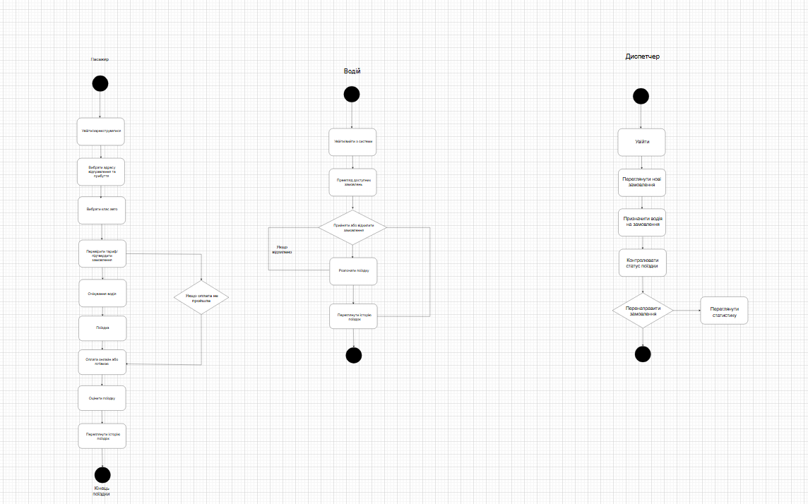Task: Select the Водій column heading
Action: (352, 71)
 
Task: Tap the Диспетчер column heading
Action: (642, 56)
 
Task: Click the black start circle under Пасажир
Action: (100, 83)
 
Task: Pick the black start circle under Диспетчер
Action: (641, 96)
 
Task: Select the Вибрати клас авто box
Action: (101, 210)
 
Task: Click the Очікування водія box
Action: (102, 293)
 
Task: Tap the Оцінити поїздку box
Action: (102, 398)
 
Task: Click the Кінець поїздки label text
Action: (102, 491)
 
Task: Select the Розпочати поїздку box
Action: (353, 270)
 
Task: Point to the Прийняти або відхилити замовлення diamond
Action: (353, 228)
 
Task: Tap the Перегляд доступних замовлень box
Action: (353, 182)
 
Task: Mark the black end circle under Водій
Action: (353, 355)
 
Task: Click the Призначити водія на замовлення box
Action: (642, 222)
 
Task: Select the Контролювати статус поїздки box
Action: (642, 263)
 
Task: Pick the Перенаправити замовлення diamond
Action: (642, 310)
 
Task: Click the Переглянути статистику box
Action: (724, 311)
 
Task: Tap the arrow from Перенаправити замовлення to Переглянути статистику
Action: (686, 310)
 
